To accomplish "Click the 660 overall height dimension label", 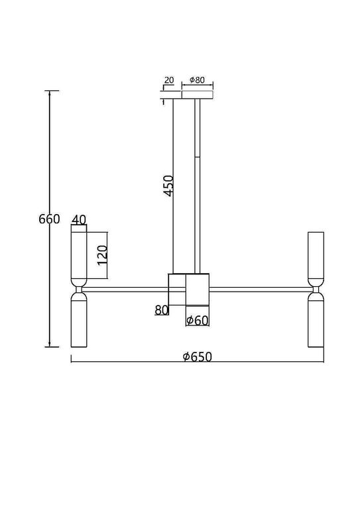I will tap(49, 219).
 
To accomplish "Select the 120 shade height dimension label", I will tap(101, 253).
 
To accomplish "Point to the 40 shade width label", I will tap(79, 219).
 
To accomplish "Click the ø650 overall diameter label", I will tap(197, 357).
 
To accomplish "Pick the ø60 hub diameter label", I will tap(198, 320).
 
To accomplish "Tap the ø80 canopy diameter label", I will tap(199, 80).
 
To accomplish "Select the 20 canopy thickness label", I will tap(168, 80).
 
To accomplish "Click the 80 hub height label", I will tap(162, 309).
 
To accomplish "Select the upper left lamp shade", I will tap(79, 254).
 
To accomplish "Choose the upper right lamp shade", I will tap(315, 254).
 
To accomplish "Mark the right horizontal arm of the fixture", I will tap(259, 288).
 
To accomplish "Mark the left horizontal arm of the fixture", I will tap(126, 288).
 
